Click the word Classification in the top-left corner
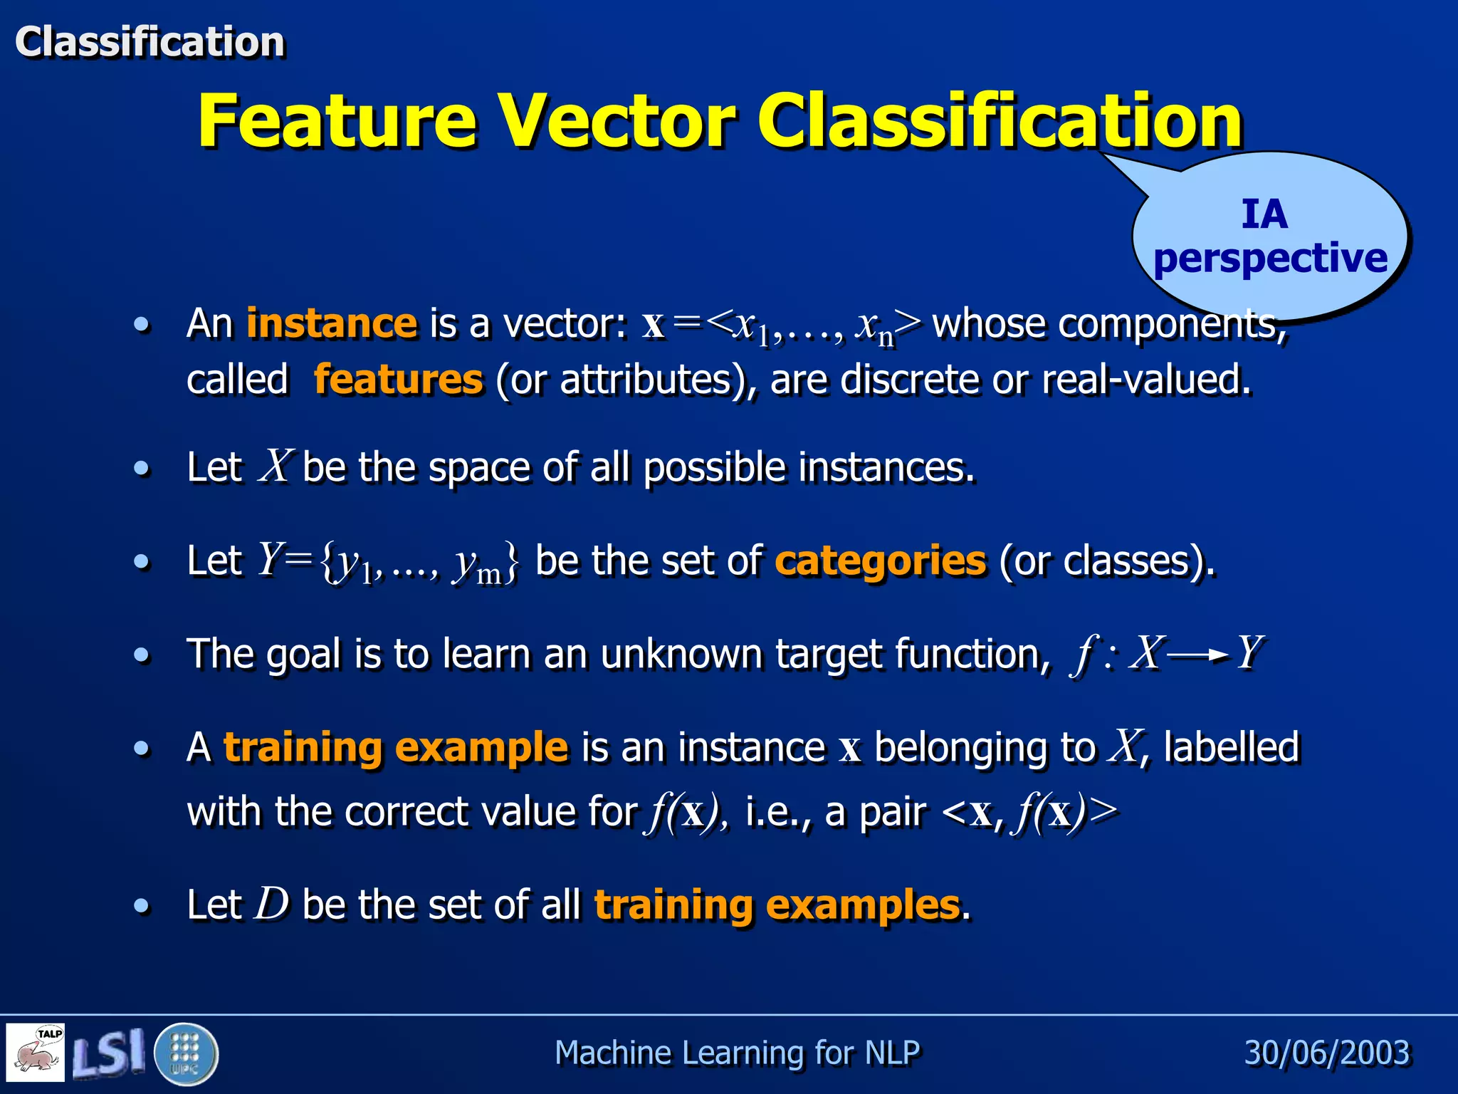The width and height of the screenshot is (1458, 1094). [150, 41]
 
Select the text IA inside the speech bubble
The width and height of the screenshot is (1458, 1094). [1264, 214]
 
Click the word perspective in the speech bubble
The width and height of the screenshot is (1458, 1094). [1270, 258]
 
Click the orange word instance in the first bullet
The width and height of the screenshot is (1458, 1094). [331, 323]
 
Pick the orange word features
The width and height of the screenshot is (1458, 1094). [399, 379]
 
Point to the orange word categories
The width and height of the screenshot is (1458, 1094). [881, 561]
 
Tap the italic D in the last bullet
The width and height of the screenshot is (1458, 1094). [272, 905]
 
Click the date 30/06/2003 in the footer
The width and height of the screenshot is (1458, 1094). [1327, 1053]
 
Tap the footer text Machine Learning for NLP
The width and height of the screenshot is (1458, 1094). [737, 1053]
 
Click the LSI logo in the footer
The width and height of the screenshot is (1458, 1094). [108, 1053]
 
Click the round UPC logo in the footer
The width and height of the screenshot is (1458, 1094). [185, 1053]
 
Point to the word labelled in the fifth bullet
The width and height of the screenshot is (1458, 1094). [1232, 747]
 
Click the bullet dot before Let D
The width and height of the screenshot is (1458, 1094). [142, 906]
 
